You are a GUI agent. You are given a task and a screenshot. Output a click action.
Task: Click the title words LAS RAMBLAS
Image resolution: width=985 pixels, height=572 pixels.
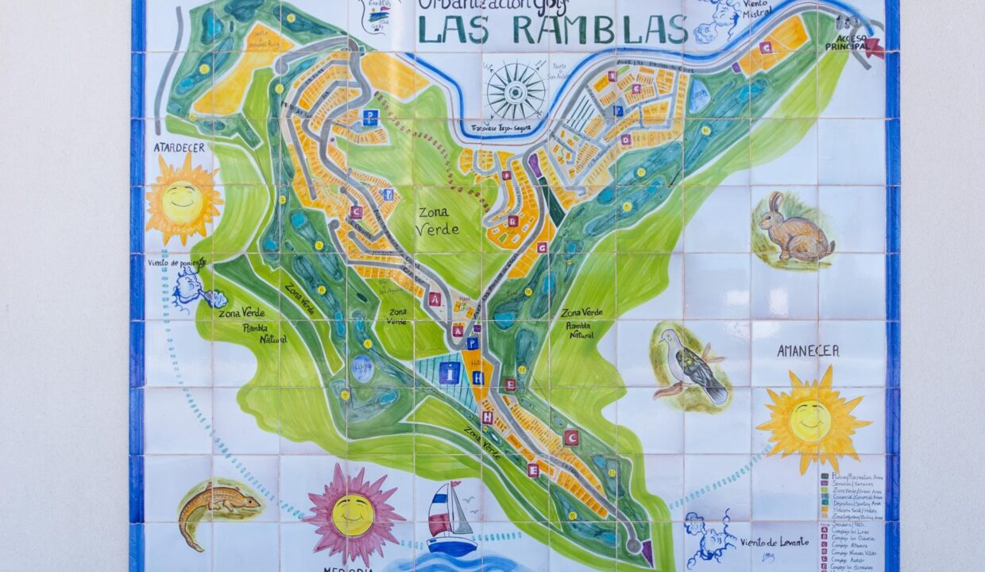click(x=552, y=29)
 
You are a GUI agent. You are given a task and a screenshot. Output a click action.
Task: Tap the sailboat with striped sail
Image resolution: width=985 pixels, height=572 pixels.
click(x=450, y=519)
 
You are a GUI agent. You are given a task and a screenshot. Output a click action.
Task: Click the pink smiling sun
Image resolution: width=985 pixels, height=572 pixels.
click(x=353, y=513)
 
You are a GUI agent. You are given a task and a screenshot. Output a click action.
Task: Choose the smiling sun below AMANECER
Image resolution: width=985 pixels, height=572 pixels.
click(x=811, y=419)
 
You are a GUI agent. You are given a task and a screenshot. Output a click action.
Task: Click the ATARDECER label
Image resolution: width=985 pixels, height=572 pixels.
click(x=180, y=147)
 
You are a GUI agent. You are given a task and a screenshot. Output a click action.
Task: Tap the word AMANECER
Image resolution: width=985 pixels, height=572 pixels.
click(x=807, y=350)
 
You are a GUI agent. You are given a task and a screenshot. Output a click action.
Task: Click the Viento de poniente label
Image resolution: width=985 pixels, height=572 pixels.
click(x=176, y=262)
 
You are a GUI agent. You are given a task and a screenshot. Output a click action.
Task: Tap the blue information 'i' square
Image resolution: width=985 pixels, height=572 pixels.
click(x=450, y=373)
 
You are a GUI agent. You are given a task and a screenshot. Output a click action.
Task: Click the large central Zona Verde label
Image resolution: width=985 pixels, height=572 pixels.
click(x=437, y=221)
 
